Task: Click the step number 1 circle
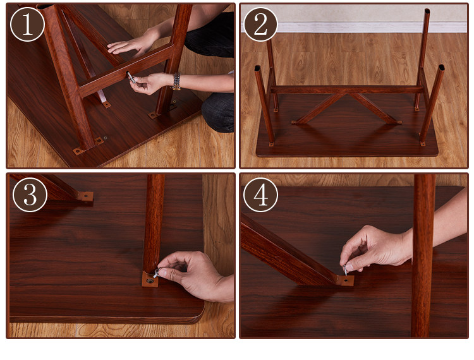pos(27,25)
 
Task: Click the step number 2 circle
pos(260,25)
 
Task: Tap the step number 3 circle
pos(30,195)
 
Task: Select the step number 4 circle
pos(260,195)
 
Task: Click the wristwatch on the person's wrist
pos(176,81)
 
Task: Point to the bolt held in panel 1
pos(131,77)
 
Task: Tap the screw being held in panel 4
pos(345,270)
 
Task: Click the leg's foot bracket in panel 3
pos(150,280)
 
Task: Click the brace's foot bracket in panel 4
pos(345,280)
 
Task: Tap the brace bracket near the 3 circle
pos(85,196)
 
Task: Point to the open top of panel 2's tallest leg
pos(427,11)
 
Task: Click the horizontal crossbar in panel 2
pos(347,90)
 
